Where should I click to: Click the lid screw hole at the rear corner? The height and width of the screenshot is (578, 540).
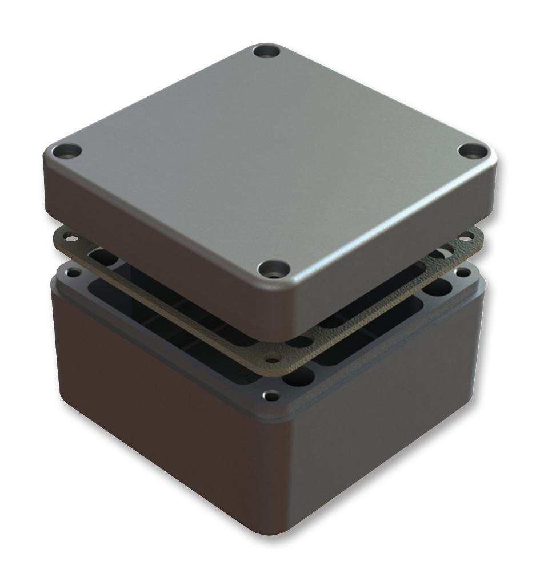(267, 52)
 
